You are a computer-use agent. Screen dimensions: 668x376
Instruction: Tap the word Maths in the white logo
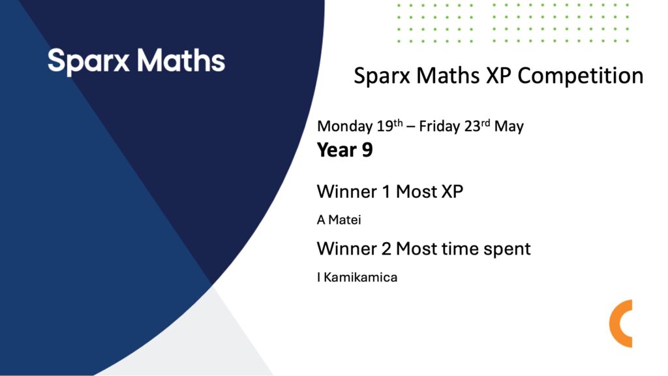click(181, 61)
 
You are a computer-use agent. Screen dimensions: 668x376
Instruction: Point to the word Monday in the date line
click(344, 127)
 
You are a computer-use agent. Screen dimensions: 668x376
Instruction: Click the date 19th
click(389, 126)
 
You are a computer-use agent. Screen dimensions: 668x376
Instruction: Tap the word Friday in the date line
click(439, 126)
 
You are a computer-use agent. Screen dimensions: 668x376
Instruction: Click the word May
click(509, 127)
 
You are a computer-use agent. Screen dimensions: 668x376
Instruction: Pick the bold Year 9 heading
click(344, 150)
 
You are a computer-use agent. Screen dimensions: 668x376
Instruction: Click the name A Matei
click(339, 220)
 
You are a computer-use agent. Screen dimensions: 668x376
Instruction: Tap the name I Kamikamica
click(357, 277)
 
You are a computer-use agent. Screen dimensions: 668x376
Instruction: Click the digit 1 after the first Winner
click(386, 192)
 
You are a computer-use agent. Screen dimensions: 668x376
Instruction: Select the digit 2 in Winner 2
click(386, 249)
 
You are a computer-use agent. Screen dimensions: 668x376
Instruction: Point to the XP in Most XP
click(452, 192)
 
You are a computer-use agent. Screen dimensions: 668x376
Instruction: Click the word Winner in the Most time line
click(347, 249)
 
